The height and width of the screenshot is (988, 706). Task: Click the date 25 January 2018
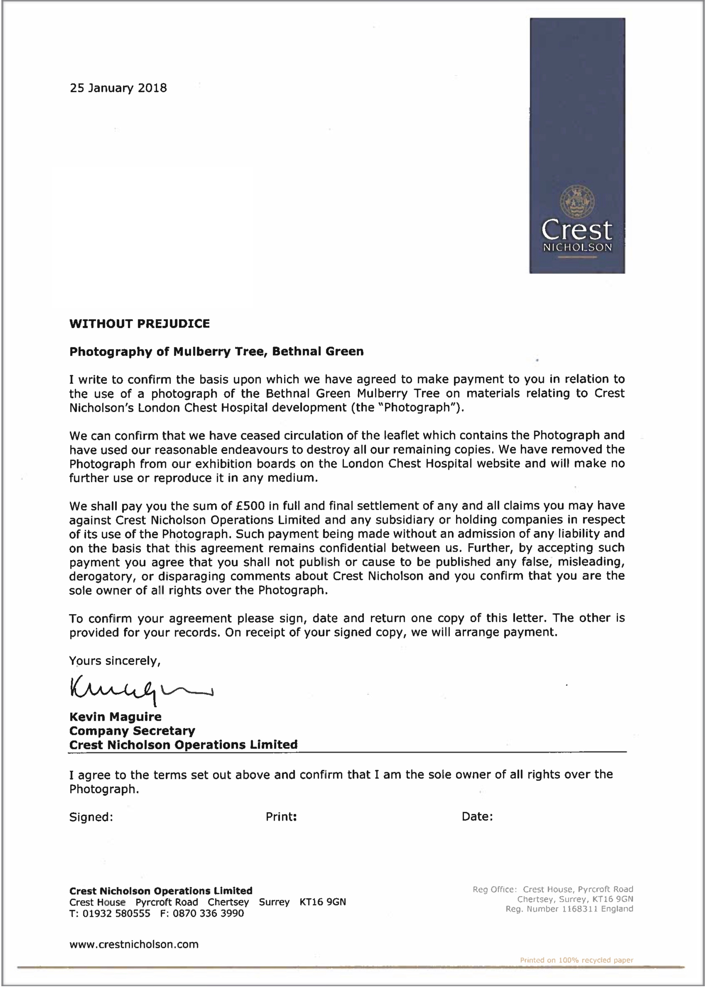[x=118, y=88]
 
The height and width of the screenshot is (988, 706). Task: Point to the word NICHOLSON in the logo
[x=577, y=248]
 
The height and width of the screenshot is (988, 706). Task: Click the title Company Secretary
[x=132, y=731]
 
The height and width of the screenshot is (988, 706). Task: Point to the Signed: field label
[x=91, y=817]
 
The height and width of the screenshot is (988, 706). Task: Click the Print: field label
[x=281, y=817]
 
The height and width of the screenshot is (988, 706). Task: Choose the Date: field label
[x=477, y=817]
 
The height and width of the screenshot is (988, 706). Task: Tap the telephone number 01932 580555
[x=116, y=913]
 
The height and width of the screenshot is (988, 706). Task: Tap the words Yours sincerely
[x=115, y=661]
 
